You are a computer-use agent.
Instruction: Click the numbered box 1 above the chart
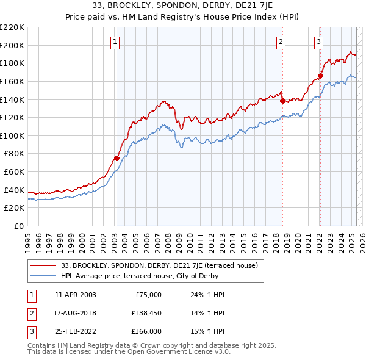tap(115, 42)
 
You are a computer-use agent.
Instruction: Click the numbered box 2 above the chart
tap(281, 42)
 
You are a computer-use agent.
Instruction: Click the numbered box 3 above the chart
tap(319, 42)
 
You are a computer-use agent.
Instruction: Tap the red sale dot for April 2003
tap(117, 158)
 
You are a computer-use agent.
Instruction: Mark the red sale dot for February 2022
tap(320, 76)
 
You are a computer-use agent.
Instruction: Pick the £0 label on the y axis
tap(18, 226)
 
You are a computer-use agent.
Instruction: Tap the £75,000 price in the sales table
tap(148, 295)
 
